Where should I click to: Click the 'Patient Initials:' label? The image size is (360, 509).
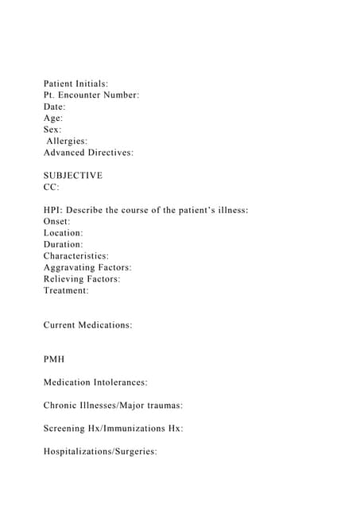click(x=76, y=84)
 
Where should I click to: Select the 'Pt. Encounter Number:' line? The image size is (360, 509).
click(x=91, y=95)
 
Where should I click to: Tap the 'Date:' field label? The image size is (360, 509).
click(x=55, y=107)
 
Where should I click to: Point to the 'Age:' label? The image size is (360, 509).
click(x=53, y=118)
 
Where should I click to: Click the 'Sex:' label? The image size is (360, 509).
click(x=52, y=129)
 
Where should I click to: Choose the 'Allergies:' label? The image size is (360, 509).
click(x=67, y=141)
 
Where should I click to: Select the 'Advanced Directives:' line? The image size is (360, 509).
click(x=88, y=152)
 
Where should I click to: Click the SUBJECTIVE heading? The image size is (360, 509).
click(x=73, y=175)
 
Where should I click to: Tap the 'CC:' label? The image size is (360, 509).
click(x=52, y=187)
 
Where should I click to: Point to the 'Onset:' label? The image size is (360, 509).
click(x=57, y=221)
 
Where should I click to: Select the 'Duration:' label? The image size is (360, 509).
click(x=64, y=244)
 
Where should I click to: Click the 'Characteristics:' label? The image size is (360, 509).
click(x=76, y=256)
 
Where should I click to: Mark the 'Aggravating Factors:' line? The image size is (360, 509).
click(x=87, y=267)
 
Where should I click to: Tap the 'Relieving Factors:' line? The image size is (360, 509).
click(x=82, y=279)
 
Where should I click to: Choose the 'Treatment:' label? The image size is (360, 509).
click(x=66, y=290)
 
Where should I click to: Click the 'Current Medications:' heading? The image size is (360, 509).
click(x=87, y=325)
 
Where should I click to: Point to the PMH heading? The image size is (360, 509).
click(x=55, y=359)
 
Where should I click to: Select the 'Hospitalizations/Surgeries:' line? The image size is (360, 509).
click(x=101, y=452)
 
